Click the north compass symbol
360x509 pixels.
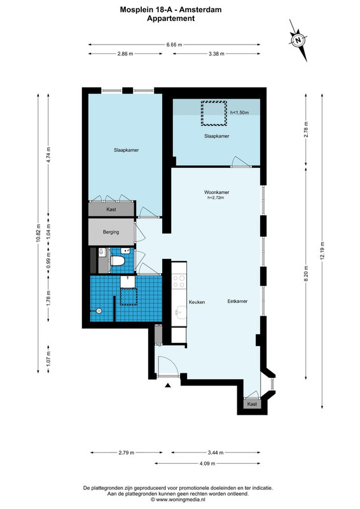tap(298, 40)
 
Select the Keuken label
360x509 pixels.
tap(197, 302)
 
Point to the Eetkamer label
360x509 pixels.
tap(237, 301)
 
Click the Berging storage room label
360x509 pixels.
tap(111, 232)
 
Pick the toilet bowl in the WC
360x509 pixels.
tap(117, 261)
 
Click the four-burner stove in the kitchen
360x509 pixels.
tap(179, 281)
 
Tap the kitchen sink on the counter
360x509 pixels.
tap(179, 313)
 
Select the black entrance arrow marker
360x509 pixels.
tap(168, 386)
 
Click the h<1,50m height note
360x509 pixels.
tap(239, 113)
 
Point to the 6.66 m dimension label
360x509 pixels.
tap(174, 45)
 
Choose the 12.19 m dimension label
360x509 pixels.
tap(322, 250)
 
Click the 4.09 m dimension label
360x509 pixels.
tap(207, 464)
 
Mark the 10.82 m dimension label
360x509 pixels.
tap(38, 233)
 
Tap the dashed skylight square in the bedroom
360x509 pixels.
tap(213, 113)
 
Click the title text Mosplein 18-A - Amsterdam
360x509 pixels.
tap(170, 10)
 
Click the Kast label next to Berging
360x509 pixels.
tap(111, 209)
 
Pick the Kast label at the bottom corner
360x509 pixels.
tap(252, 404)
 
